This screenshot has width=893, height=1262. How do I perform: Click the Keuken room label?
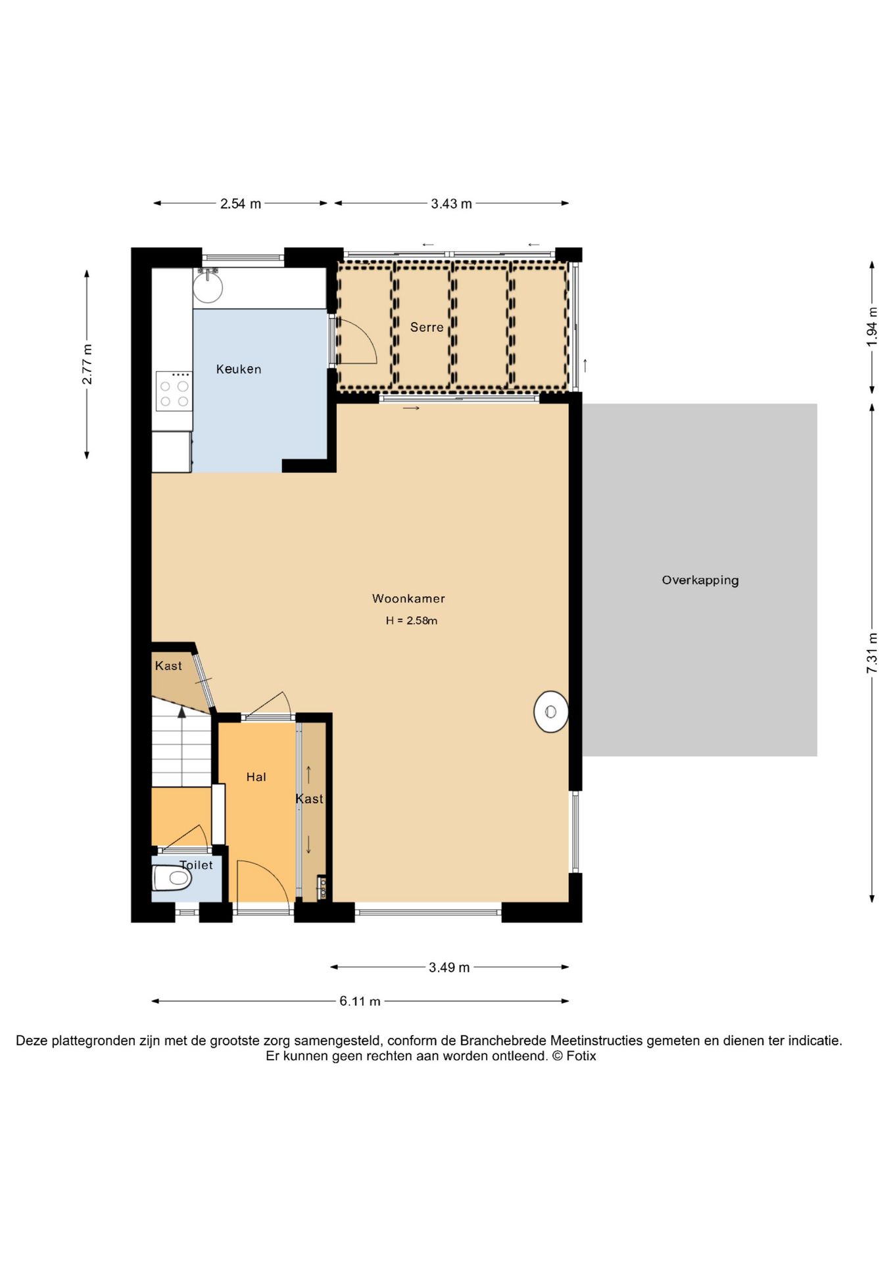point(239,369)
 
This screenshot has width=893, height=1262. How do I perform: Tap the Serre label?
point(427,327)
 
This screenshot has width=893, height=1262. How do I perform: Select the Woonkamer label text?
point(408,599)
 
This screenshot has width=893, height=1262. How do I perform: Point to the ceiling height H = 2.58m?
point(412,620)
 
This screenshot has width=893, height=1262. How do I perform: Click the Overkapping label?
point(700,580)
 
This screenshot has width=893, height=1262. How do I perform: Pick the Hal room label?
point(256,777)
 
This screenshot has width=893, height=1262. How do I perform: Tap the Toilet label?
point(196,865)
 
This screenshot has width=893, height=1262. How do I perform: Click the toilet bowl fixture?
point(172,877)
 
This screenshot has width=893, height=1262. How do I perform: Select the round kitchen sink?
point(208,287)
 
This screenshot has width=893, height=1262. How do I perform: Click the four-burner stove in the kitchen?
point(174,392)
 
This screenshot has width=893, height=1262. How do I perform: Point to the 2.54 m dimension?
point(241,204)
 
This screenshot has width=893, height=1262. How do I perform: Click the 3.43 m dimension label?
point(452,204)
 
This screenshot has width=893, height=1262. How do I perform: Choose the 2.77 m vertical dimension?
point(87,365)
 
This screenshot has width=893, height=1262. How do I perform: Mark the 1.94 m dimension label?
point(872,327)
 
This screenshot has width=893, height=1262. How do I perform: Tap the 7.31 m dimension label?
point(872,653)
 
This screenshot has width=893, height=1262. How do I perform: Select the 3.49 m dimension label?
point(449,968)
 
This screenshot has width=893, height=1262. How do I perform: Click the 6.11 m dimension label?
point(360,1002)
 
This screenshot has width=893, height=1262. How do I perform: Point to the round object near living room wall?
point(551,712)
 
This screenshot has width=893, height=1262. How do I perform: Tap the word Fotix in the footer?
point(581,1056)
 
